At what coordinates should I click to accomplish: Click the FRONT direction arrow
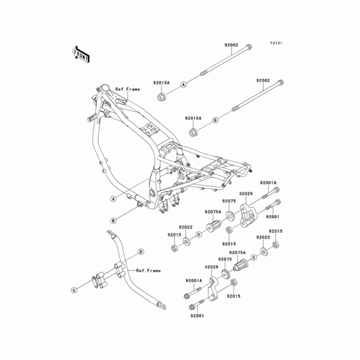pos(81,54)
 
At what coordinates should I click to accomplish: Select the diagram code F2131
pos(276,43)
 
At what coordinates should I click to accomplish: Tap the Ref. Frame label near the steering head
pos(127,89)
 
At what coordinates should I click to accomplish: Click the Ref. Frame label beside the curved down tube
pos(148,271)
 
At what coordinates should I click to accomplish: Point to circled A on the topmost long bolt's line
pos(183,85)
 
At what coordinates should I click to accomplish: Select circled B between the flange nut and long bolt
pos(215,120)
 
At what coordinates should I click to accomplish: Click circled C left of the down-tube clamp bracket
pos(74,290)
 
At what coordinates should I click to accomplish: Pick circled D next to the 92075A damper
pos(199,234)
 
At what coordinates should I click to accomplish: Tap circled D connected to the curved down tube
pos(141,252)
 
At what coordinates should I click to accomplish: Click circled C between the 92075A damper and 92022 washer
pos(254,257)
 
